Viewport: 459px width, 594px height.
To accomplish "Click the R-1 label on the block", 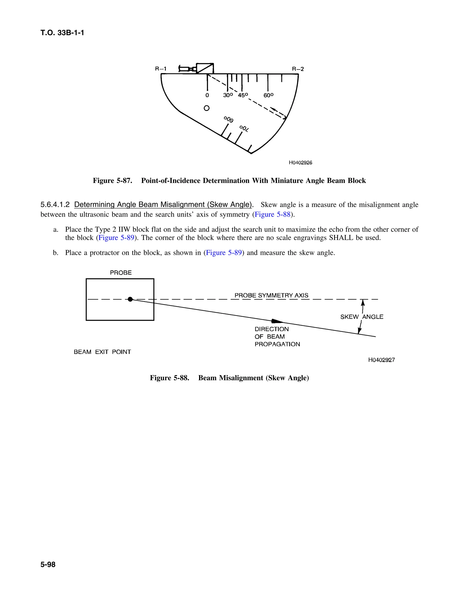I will [160, 69].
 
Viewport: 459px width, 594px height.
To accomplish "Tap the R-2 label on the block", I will [298, 69].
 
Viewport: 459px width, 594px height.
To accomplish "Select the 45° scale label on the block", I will [243, 95].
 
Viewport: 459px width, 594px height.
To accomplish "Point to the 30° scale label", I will [228, 95].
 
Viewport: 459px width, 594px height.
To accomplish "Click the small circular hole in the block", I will [207, 108].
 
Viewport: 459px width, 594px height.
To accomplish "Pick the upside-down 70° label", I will [244, 129].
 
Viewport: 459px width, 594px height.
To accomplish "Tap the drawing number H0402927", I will [381, 360].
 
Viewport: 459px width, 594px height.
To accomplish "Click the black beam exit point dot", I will [130, 299].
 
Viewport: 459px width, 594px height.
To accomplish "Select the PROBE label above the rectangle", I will [121, 273].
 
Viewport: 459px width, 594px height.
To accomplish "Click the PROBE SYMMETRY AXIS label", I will [271, 295].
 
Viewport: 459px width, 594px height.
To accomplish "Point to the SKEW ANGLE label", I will [362, 317].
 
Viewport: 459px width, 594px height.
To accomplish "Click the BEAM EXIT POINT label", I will [102, 352].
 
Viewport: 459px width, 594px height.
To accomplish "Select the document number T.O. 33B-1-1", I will [62, 33].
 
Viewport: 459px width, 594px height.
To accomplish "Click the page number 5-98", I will [48, 565].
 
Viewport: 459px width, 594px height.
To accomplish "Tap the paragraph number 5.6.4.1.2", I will [55, 204].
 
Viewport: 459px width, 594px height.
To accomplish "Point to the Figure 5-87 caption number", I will [113, 181].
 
